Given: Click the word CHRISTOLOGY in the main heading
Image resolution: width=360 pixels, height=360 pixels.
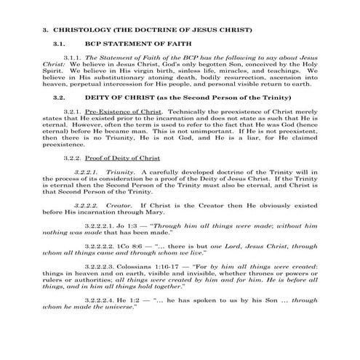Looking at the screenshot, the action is tap(81, 30).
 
